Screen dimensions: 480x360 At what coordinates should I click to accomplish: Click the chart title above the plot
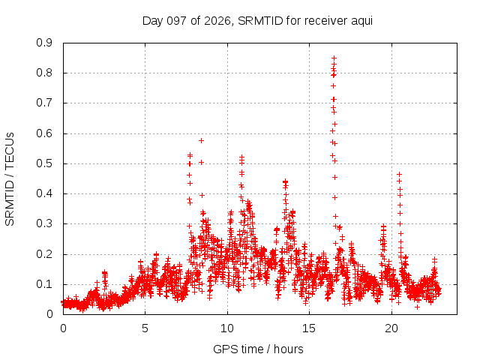[x=257, y=21]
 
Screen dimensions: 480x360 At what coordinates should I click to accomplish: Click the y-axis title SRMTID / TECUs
[x=10, y=179]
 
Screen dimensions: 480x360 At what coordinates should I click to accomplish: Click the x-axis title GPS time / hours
[x=258, y=349]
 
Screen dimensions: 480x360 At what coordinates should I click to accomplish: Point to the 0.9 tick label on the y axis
[x=44, y=43]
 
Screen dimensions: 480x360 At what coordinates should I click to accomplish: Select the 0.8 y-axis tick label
[x=44, y=73]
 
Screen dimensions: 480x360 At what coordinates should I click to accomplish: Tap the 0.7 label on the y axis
[x=44, y=103]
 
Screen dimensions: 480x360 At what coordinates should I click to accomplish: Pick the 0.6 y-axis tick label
[x=44, y=133]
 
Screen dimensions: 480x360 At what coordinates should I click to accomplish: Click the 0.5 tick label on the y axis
[x=44, y=163]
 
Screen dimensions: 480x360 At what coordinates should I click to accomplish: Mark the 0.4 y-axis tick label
[x=44, y=193]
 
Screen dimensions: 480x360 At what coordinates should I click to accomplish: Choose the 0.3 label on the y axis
[x=44, y=223]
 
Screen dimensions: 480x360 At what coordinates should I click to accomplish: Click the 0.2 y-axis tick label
[x=44, y=254]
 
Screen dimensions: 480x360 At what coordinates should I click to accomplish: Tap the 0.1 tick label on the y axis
[x=44, y=284]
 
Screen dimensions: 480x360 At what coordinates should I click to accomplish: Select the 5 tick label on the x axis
[x=145, y=328]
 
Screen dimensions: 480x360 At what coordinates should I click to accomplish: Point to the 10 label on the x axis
[x=227, y=328]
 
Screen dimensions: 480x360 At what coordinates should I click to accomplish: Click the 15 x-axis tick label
[x=309, y=328]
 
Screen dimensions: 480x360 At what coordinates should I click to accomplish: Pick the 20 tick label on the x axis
[x=391, y=328]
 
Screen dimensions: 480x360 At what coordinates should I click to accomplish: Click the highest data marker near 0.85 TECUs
[x=334, y=58]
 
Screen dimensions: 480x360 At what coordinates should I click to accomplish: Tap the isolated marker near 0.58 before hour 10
[x=201, y=140]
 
